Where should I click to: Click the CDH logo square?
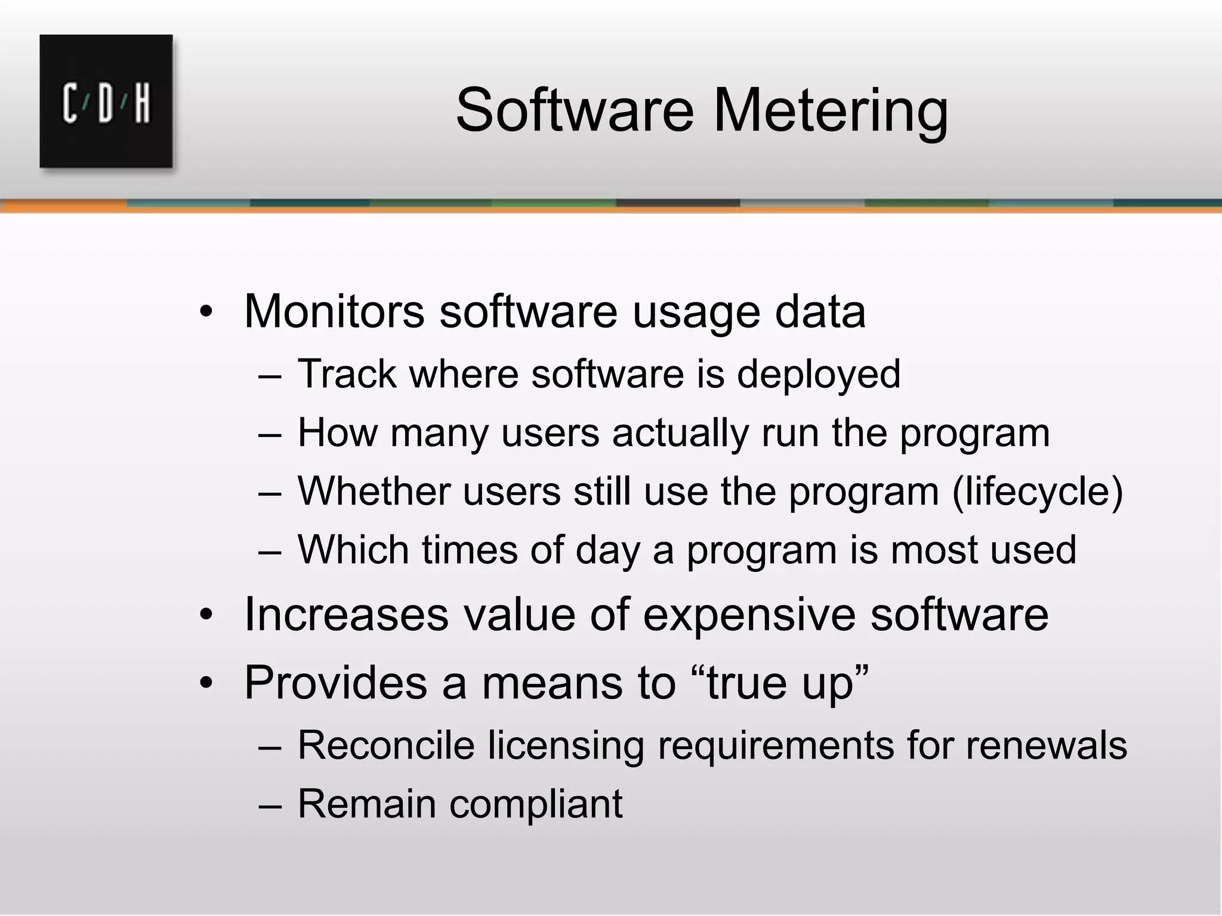click(x=106, y=101)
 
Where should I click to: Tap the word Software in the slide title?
click(x=575, y=111)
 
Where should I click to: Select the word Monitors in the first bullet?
click(x=334, y=311)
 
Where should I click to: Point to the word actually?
click(x=680, y=433)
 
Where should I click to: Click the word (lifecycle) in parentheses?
click(x=1038, y=492)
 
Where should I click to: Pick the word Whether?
click(x=374, y=491)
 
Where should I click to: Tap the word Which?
click(x=353, y=549)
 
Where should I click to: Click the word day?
click(x=607, y=550)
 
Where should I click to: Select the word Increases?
click(x=347, y=614)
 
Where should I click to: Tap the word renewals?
click(x=1047, y=745)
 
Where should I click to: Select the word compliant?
click(x=536, y=804)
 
